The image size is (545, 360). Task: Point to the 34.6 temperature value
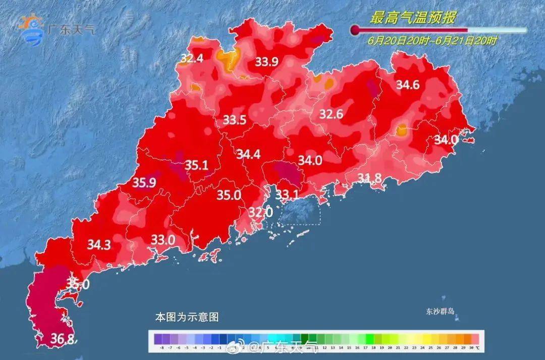407,85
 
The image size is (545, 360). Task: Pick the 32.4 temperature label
192,59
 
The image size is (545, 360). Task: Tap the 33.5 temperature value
235,120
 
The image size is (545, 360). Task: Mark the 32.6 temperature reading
331,114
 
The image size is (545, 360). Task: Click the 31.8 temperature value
370,177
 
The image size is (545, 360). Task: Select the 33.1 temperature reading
288,194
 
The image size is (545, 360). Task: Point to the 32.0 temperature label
260,213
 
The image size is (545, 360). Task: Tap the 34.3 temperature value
99,245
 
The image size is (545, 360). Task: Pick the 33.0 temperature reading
163,240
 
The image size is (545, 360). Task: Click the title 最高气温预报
413,19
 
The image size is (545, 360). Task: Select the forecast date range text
432,41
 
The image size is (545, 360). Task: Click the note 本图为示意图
187,318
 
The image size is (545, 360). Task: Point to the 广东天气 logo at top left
56,29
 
